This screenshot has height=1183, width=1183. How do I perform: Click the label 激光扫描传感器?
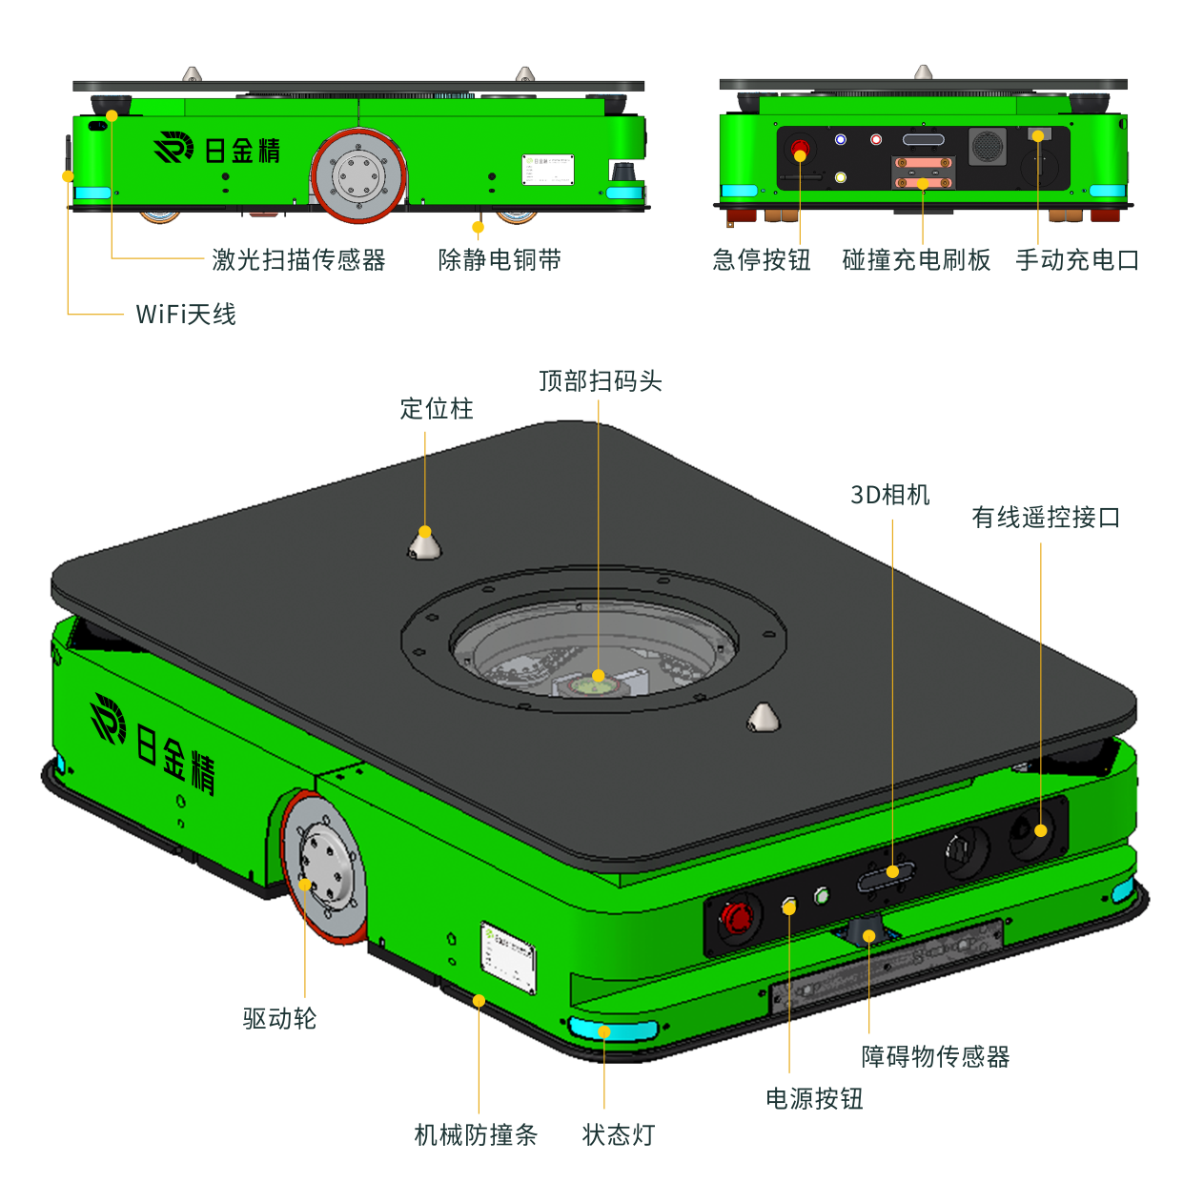click(298, 259)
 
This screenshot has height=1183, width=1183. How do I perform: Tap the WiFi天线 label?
click(186, 314)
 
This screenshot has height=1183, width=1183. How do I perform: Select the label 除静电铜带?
click(500, 259)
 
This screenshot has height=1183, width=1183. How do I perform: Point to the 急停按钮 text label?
click(761, 259)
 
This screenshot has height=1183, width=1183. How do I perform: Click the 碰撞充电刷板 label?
click(916, 259)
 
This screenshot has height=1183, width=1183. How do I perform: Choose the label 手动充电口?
click(1077, 259)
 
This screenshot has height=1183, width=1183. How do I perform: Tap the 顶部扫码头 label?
click(601, 381)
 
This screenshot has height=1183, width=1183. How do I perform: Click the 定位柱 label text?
click(437, 409)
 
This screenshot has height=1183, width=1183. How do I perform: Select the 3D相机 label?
click(889, 495)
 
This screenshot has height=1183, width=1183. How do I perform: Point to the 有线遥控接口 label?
click(1045, 518)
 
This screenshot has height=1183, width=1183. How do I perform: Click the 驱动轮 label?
click(279, 1018)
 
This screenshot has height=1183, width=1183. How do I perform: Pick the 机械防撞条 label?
click(476, 1134)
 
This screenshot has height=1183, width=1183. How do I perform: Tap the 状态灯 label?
click(619, 1134)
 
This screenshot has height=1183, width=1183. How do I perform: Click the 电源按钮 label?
click(814, 1099)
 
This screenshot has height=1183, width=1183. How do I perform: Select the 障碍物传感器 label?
click(935, 1056)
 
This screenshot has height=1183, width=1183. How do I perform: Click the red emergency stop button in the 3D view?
click(737, 918)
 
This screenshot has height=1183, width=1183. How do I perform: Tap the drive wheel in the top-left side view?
click(358, 176)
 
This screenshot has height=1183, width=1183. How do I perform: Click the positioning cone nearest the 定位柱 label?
click(425, 544)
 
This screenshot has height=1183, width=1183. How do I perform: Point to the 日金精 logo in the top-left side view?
click(217, 150)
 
